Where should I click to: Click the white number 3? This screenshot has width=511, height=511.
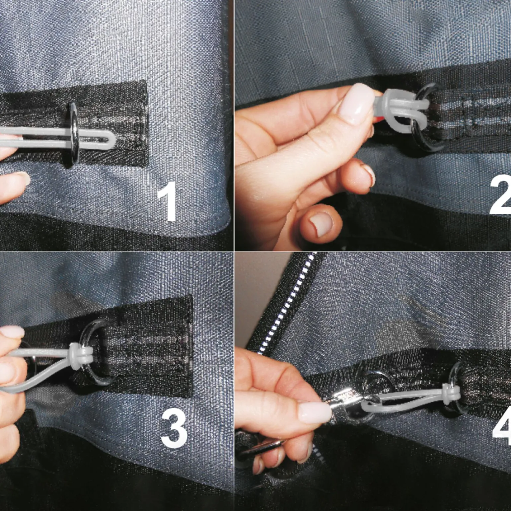[x=174, y=428]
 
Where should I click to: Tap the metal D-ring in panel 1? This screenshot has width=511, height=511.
[x=73, y=134]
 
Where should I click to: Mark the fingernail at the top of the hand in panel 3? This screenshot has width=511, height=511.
[x=12, y=332]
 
